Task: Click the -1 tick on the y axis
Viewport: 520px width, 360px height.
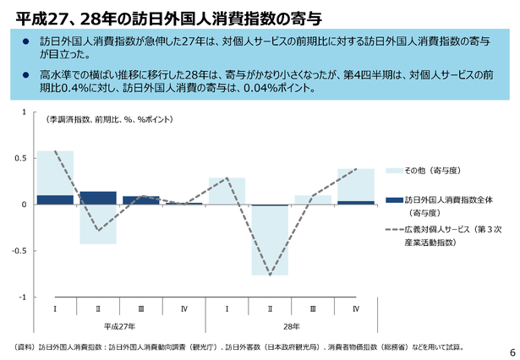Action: tap(24, 297)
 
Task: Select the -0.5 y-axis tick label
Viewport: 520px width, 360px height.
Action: tap(20, 251)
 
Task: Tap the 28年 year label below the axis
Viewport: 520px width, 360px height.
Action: tap(290, 325)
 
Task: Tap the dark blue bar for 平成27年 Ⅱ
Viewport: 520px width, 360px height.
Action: tap(98, 198)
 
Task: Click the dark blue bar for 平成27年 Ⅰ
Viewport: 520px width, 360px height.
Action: tap(55, 199)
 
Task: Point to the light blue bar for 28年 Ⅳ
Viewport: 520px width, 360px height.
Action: tap(356, 184)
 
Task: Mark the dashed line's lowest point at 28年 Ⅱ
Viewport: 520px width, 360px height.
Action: tap(270, 275)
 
